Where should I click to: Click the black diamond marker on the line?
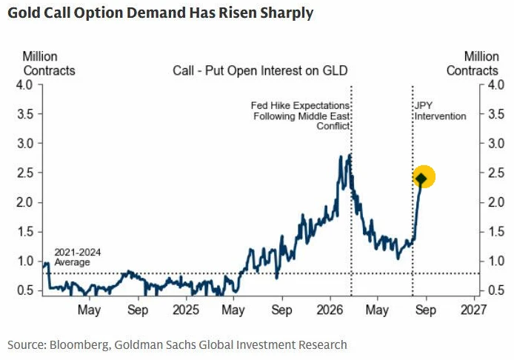tap(421, 179)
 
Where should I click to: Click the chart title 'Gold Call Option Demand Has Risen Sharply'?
tap(160, 13)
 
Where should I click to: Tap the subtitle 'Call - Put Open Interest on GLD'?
tap(260, 70)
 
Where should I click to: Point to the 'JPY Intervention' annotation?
tap(440, 111)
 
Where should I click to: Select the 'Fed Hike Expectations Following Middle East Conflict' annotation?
tap(300, 116)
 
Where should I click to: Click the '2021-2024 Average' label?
tap(77, 257)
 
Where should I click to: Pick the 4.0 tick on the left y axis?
tap(24, 85)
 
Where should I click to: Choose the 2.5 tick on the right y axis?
tap(496, 173)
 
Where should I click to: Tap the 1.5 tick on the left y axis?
tap(25, 232)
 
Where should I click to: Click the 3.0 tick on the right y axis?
tap(496, 144)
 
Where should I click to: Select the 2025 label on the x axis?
tap(186, 310)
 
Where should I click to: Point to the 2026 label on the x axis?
tap(330, 310)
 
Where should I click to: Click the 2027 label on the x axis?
tap(474, 310)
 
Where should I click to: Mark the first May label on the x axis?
tap(89, 310)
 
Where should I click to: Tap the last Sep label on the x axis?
tap(426, 310)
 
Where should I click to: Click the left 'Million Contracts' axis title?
tap(49, 64)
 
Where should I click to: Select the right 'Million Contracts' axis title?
tap(473, 64)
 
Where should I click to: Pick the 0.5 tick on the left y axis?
tap(25, 290)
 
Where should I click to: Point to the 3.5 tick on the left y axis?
tap(25, 114)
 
